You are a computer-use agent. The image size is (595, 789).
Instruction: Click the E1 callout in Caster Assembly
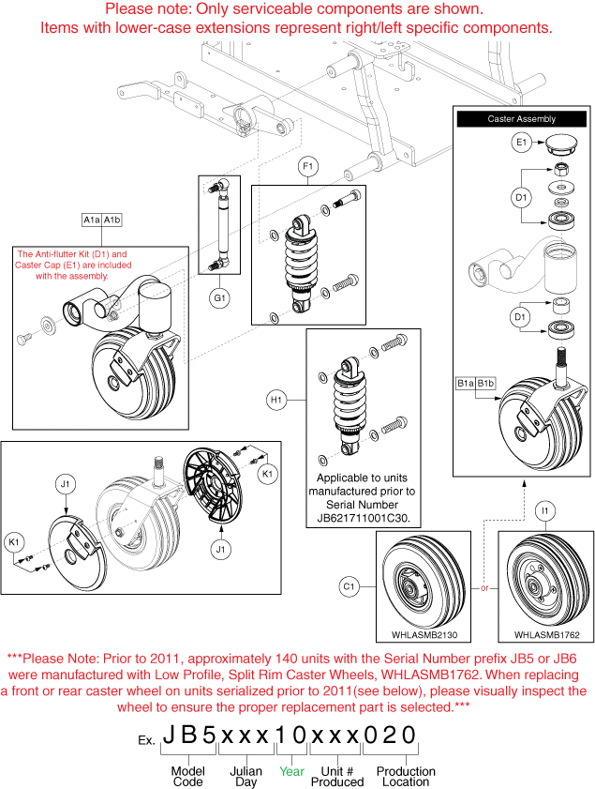(523, 143)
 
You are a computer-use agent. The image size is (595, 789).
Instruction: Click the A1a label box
(93, 220)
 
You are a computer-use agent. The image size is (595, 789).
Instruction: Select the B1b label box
(485, 383)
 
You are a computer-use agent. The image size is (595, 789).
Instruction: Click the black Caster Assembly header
(521, 119)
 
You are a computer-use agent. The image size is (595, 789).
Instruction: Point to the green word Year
(291, 771)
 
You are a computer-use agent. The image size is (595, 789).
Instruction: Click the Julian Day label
(246, 777)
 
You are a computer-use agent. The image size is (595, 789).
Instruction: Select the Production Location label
(406, 777)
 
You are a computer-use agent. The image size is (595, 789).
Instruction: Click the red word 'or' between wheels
(484, 588)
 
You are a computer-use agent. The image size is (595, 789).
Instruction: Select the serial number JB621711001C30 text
(364, 517)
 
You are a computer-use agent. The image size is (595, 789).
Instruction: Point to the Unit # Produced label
(335, 777)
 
